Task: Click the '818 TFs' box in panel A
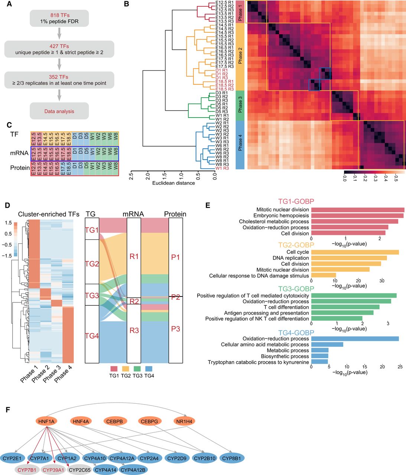[59, 18]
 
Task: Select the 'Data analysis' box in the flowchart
[59, 111]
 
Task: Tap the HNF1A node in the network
[46, 421]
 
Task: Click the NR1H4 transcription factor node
[184, 421]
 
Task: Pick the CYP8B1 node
[232, 458]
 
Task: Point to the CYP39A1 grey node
[53, 470]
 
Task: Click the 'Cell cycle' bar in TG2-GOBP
[355, 252]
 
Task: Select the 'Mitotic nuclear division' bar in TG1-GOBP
[358, 210]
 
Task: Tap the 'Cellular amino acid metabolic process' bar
[327, 344]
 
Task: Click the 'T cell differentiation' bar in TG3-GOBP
[345, 307]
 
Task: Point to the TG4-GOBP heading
[296, 332]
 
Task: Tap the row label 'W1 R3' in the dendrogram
[222, 168]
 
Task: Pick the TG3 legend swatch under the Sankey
[137, 369]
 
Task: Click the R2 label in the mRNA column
[134, 301]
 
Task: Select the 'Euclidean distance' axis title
[173, 183]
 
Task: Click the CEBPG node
[150, 421]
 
